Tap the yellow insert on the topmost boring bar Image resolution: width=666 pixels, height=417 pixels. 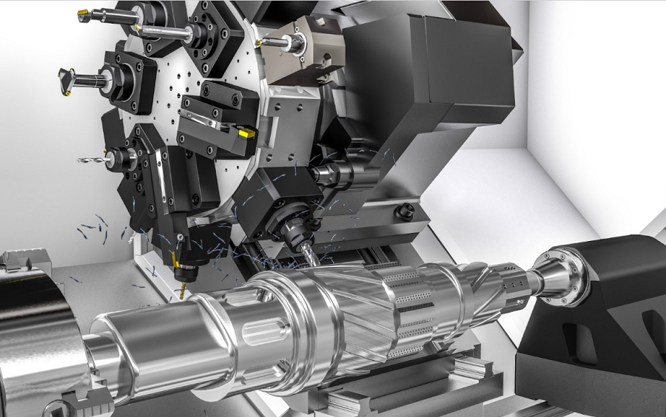[84, 13]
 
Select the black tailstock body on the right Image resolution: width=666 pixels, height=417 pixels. [607, 311]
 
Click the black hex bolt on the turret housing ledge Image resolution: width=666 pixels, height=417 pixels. [404, 213]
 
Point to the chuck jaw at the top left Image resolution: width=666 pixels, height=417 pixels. [18, 260]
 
